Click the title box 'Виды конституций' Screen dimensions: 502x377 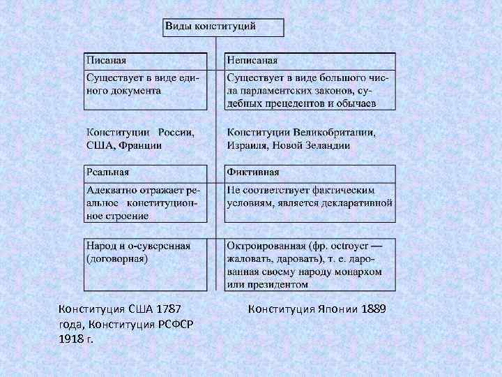(223, 27)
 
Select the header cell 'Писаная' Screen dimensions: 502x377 (146, 60)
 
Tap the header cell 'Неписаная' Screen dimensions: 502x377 (310, 60)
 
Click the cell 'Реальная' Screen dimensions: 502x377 (146, 172)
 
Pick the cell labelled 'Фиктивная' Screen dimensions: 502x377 (310, 172)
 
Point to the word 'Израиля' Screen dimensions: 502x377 (245, 145)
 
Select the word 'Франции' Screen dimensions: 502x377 (142, 145)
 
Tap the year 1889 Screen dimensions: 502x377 (374, 309)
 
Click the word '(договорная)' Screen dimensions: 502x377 (116, 259)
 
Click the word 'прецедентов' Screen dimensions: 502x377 (295, 103)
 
